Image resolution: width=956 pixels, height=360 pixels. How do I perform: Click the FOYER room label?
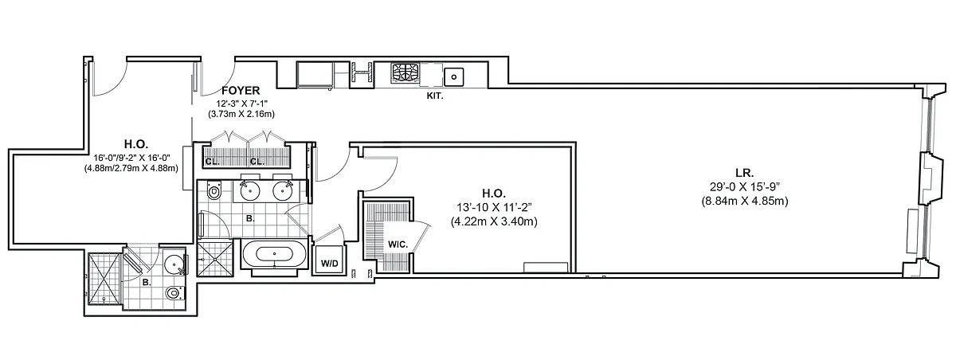tap(241, 91)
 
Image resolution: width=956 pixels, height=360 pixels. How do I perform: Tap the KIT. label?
tap(435, 96)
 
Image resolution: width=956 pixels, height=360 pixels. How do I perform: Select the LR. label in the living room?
tap(744, 173)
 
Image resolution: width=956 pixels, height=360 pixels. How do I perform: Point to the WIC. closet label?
tap(398, 245)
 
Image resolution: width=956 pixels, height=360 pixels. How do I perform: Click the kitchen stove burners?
tap(406, 72)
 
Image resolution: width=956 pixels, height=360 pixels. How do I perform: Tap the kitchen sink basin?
tap(453, 77)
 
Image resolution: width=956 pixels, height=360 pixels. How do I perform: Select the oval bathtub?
tap(274, 254)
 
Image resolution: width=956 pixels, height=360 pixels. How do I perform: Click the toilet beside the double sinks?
tap(214, 190)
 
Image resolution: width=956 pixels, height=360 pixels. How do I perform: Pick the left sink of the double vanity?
tap(250, 190)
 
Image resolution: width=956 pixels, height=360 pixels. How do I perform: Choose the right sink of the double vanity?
tap(283, 190)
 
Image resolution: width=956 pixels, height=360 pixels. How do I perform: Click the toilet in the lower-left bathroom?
tap(174, 293)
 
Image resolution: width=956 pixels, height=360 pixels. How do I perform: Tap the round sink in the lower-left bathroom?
tap(174, 265)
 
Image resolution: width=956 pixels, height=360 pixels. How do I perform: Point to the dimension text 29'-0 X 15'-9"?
tap(745, 187)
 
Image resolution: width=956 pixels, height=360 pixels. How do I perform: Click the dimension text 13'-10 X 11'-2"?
tap(494, 207)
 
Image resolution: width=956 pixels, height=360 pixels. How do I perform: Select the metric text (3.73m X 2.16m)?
tap(241, 115)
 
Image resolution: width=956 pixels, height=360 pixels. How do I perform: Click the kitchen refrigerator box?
tap(315, 75)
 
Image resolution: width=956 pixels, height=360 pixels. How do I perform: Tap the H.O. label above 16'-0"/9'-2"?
tap(136, 143)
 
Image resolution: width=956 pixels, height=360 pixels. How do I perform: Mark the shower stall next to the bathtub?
tap(215, 257)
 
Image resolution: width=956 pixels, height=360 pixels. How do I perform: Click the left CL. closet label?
tap(212, 162)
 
